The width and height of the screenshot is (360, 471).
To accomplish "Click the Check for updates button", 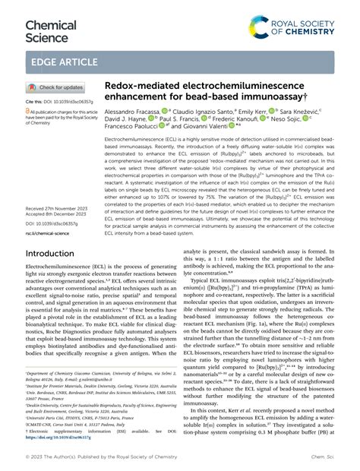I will pyautogui.click(x=55, y=87).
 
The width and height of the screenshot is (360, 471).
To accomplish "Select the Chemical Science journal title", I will pyautogui.click(x=51, y=21).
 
